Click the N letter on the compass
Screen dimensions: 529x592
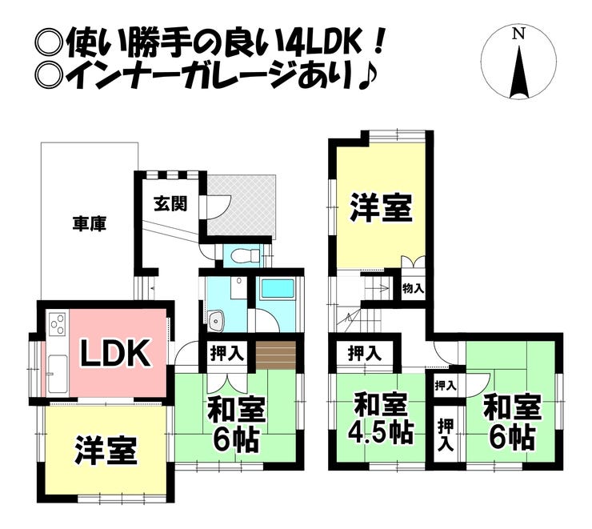[x=519, y=34]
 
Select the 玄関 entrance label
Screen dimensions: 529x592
[x=170, y=202]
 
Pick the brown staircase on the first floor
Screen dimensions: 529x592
[x=276, y=353]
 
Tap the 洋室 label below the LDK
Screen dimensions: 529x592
[x=106, y=451]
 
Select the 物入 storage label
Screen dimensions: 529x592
[x=414, y=287]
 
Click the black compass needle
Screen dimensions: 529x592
[x=519, y=72]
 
